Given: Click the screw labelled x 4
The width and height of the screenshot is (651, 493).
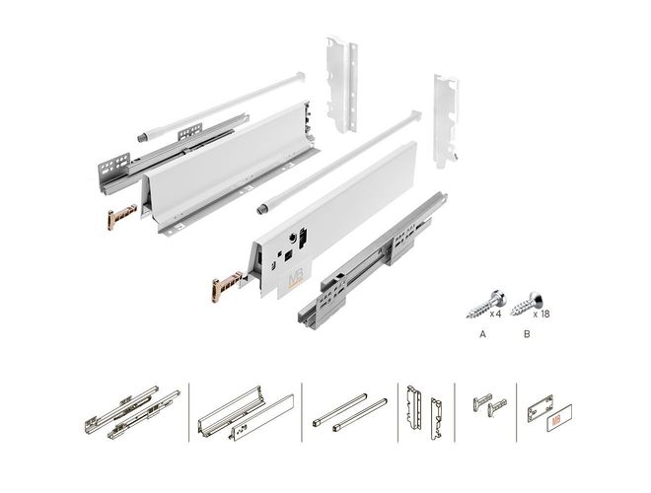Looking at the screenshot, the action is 485,305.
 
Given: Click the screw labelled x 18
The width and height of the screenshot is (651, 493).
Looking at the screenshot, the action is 528,304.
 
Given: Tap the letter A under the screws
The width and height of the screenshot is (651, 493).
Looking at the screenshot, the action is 482,334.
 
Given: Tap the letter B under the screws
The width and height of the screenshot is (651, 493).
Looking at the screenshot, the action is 527,334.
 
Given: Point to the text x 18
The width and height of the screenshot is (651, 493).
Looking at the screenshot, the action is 542,314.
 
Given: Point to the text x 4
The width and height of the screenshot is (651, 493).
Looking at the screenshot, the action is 495,314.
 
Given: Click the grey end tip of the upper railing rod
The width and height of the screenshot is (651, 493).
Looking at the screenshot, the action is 142,137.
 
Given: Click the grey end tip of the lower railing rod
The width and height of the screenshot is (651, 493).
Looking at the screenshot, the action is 262,209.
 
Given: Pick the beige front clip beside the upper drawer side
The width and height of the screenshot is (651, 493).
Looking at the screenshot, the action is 122,216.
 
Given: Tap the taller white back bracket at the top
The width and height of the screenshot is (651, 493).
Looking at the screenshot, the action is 342,85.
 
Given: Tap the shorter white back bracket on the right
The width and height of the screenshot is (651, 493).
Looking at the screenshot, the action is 446,120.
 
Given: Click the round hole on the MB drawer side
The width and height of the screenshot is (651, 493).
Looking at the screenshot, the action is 294,238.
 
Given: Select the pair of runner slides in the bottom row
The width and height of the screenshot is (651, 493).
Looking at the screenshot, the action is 132,412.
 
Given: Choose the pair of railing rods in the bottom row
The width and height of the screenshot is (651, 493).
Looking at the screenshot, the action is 349,412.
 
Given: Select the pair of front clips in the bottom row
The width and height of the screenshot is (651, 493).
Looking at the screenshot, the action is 489,404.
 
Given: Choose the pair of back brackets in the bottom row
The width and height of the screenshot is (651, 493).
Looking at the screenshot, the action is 424,412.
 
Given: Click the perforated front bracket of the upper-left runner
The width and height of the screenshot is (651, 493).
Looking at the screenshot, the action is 114,167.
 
